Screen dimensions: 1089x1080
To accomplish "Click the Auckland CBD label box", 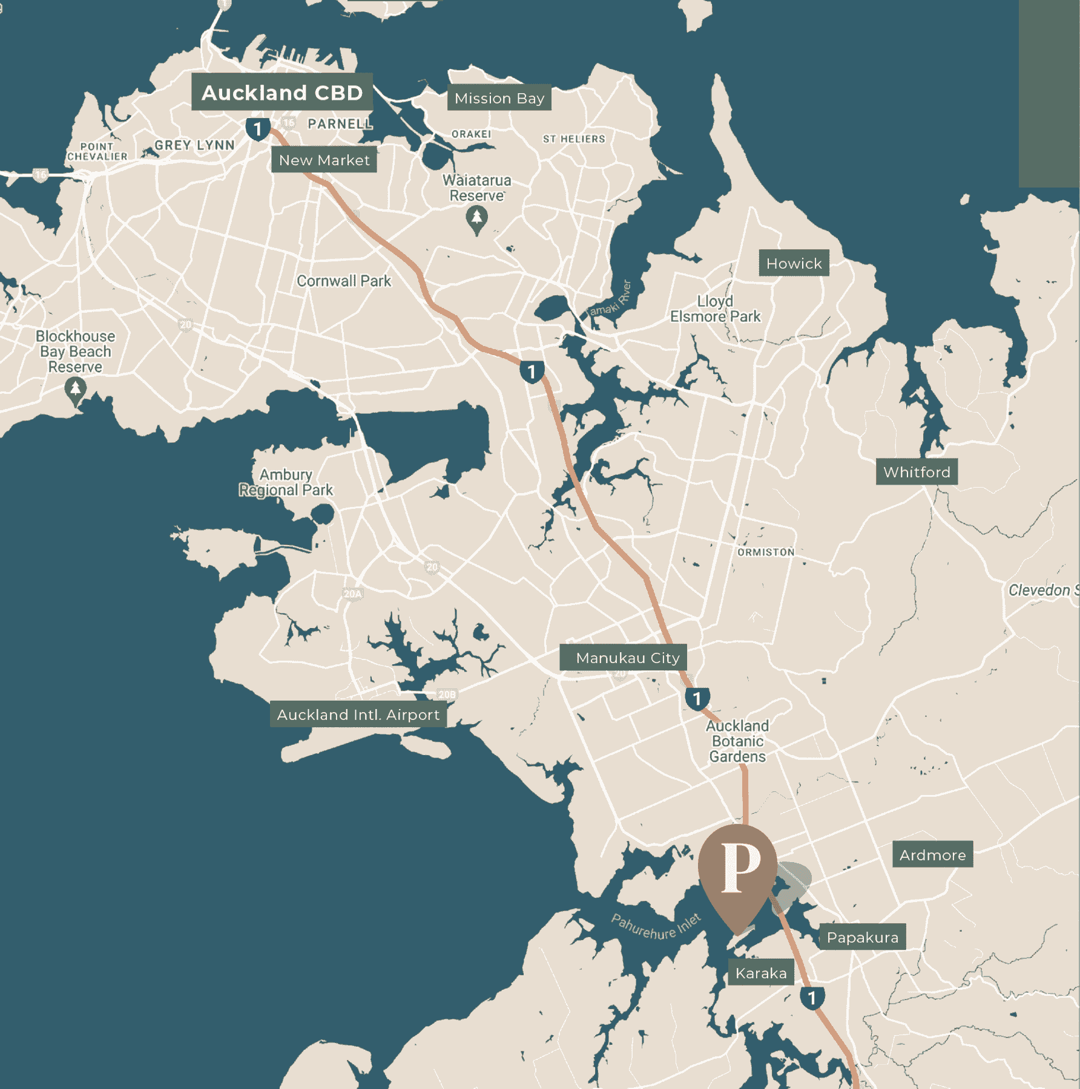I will point(282,93).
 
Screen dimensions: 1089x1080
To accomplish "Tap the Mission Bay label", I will point(499,98).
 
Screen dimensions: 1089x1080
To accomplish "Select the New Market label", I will point(324,160).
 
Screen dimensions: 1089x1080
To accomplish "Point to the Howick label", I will point(794,263).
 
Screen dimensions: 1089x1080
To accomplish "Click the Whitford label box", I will point(917,472).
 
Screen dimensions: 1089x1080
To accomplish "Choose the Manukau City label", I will point(624,658).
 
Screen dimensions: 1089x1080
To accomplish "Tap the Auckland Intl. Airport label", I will point(358,715).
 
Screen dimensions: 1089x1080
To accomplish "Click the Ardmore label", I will point(932,855).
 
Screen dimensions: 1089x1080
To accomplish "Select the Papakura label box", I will point(862,937).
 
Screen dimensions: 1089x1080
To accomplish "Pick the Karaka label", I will point(761,973).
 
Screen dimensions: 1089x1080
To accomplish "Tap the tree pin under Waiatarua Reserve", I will point(477,220).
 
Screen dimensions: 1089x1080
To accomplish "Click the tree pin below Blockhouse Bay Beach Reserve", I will point(76,390).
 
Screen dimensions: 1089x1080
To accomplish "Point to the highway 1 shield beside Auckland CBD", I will point(258,129).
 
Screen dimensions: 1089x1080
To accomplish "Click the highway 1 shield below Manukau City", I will point(697,699).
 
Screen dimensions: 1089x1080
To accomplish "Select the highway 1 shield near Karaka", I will point(812,998).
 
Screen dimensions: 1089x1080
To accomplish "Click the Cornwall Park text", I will point(343,281).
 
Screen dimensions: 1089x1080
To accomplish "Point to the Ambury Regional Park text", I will point(286,482).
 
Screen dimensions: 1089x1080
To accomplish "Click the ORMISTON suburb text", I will point(766,552).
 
